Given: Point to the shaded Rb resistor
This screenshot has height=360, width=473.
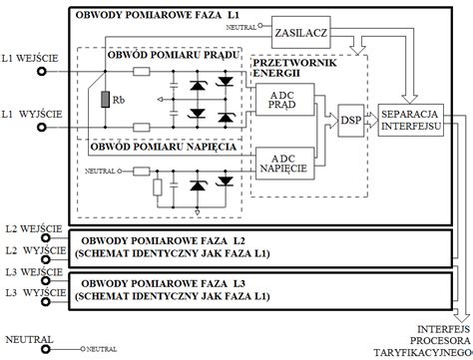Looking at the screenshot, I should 107,102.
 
